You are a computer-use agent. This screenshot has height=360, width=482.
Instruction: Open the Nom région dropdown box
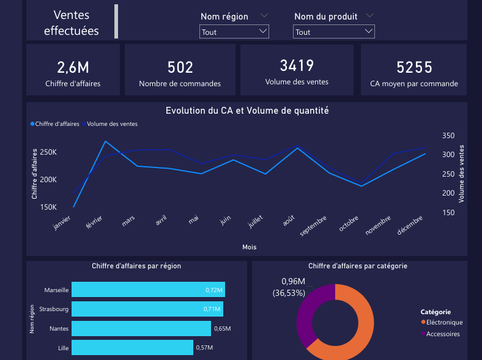click(x=234, y=32)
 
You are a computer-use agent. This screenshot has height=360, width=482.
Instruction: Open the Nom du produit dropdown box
click(x=333, y=32)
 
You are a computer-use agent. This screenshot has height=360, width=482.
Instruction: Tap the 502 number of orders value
click(x=180, y=68)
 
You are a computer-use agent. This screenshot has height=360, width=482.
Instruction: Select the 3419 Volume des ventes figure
click(x=297, y=66)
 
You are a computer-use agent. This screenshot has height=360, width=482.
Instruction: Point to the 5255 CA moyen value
click(x=414, y=68)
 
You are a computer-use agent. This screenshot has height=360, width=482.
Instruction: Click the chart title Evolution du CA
click(x=247, y=111)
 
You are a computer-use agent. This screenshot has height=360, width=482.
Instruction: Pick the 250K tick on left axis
click(x=48, y=152)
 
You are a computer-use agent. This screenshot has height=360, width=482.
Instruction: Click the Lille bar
click(x=132, y=348)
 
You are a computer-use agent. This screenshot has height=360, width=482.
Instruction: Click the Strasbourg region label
click(x=54, y=309)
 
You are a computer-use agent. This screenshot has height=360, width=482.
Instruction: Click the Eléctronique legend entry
click(x=444, y=322)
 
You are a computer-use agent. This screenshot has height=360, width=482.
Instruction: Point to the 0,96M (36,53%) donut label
click(x=293, y=287)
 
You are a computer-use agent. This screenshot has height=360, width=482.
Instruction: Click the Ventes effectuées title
click(x=71, y=23)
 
